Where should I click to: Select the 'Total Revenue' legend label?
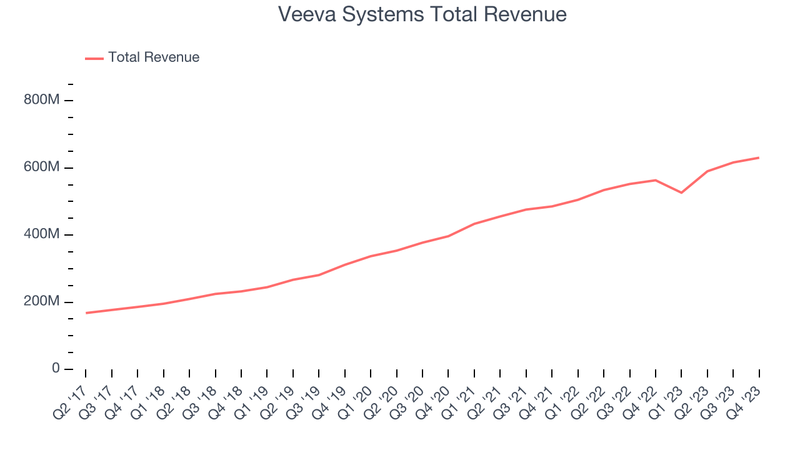[154, 57]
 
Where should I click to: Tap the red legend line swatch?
[94, 58]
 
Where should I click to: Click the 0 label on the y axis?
[56, 369]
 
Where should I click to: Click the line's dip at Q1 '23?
[681, 192]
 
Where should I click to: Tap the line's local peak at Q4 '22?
[655, 180]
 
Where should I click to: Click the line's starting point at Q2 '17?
[86, 312]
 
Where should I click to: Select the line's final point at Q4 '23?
[759, 157]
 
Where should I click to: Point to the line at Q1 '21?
[474, 224]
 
